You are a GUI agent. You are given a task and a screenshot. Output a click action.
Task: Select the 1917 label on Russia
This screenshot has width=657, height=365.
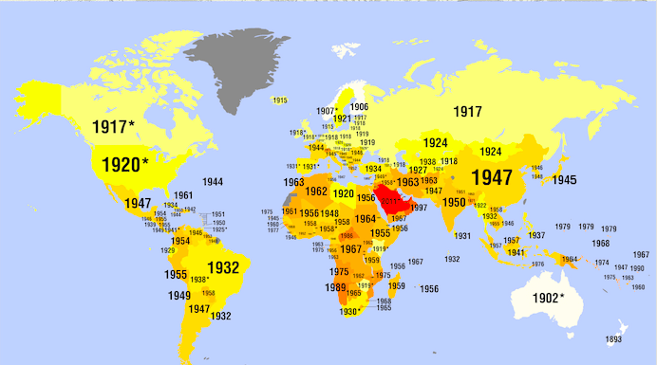pos(466,112)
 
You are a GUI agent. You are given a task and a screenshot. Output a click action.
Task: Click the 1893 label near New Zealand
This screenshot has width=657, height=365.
pos(613,338)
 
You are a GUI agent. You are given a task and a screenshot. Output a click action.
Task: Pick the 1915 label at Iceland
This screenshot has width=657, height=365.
pos(279,100)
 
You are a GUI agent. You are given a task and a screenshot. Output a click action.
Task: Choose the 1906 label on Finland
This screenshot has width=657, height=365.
pos(358,107)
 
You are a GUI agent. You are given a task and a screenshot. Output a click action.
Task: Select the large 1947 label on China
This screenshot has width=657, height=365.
pos(491,177)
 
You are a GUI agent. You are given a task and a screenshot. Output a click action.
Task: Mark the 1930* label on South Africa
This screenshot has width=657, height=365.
pos(350,311)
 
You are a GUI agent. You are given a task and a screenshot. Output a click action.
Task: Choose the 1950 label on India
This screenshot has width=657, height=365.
pos(454,203)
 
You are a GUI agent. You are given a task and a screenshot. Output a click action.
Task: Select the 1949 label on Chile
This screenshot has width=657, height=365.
pos(180,296)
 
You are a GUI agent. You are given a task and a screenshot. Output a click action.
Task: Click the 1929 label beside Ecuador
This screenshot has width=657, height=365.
pos(167,250)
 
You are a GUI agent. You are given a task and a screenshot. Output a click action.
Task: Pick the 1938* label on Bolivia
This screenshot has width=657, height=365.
pos(198,280)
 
